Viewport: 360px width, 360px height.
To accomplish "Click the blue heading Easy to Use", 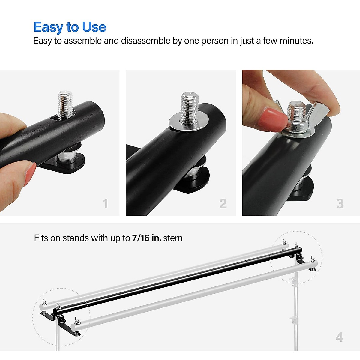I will (70, 27).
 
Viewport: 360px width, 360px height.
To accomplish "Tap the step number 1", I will (106, 204).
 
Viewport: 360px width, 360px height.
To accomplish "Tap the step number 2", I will (223, 204).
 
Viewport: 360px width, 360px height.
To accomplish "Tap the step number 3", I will (340, 204).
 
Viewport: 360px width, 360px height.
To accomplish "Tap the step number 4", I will (340, 337).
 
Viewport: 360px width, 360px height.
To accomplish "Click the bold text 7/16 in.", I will (146, 238).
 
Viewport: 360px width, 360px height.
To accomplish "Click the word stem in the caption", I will (173, 238).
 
